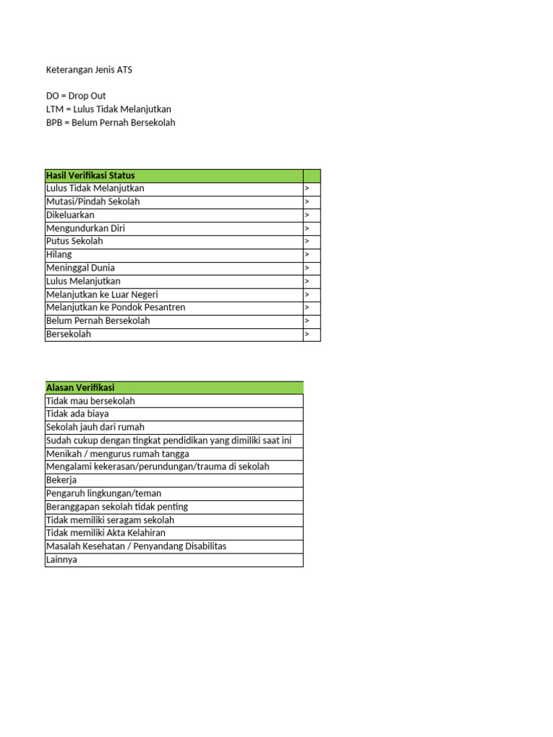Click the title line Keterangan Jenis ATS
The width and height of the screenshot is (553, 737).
(89, 70)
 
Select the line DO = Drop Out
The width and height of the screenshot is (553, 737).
(76, 96)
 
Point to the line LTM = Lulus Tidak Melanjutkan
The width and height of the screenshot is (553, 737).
(109, 109)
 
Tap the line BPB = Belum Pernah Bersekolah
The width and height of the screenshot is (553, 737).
(110, 122)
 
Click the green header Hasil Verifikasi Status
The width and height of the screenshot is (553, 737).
(91, 176)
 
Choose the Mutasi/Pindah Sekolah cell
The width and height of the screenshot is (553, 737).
(93, 202)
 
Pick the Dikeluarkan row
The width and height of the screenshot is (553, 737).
(71, 214)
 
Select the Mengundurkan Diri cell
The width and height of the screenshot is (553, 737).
(86, 228)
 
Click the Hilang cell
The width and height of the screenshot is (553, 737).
(59, 255)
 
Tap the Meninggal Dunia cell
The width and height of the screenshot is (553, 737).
(81, 268)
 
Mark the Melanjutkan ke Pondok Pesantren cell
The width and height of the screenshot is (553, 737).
(116, 307)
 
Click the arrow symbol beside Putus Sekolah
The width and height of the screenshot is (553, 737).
(307, 242)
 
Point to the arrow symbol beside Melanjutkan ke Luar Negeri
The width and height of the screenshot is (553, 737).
(307, 294)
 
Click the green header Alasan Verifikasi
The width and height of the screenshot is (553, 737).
(81, 388)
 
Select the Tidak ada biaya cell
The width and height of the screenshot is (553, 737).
(78, 414)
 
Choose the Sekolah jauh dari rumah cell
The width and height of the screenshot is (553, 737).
(95, 427)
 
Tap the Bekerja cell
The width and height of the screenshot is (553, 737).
(61, 480)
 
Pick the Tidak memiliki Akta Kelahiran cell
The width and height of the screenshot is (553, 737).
(106, 533)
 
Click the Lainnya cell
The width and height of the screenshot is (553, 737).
(62, 559)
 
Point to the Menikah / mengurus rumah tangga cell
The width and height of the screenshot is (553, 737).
(118, 453)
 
